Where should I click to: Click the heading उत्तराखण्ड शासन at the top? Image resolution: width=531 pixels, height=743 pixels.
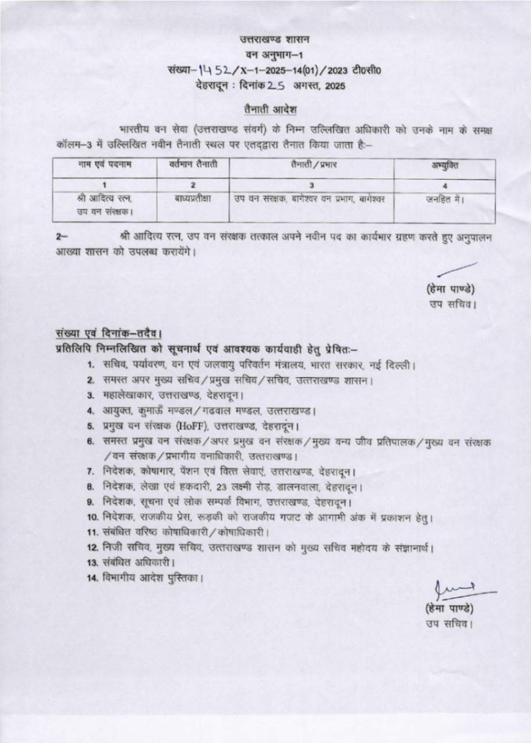pos(275,40)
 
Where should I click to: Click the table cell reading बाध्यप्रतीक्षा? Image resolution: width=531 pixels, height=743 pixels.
pos(192,199)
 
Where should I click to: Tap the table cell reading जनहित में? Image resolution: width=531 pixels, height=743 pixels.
pos(445,199)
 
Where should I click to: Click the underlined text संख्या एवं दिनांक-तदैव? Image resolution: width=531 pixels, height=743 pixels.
pos(108,334)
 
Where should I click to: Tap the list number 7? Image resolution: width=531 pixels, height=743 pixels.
pos(91,471)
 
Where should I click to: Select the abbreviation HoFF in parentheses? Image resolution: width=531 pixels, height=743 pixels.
pos(193,426)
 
